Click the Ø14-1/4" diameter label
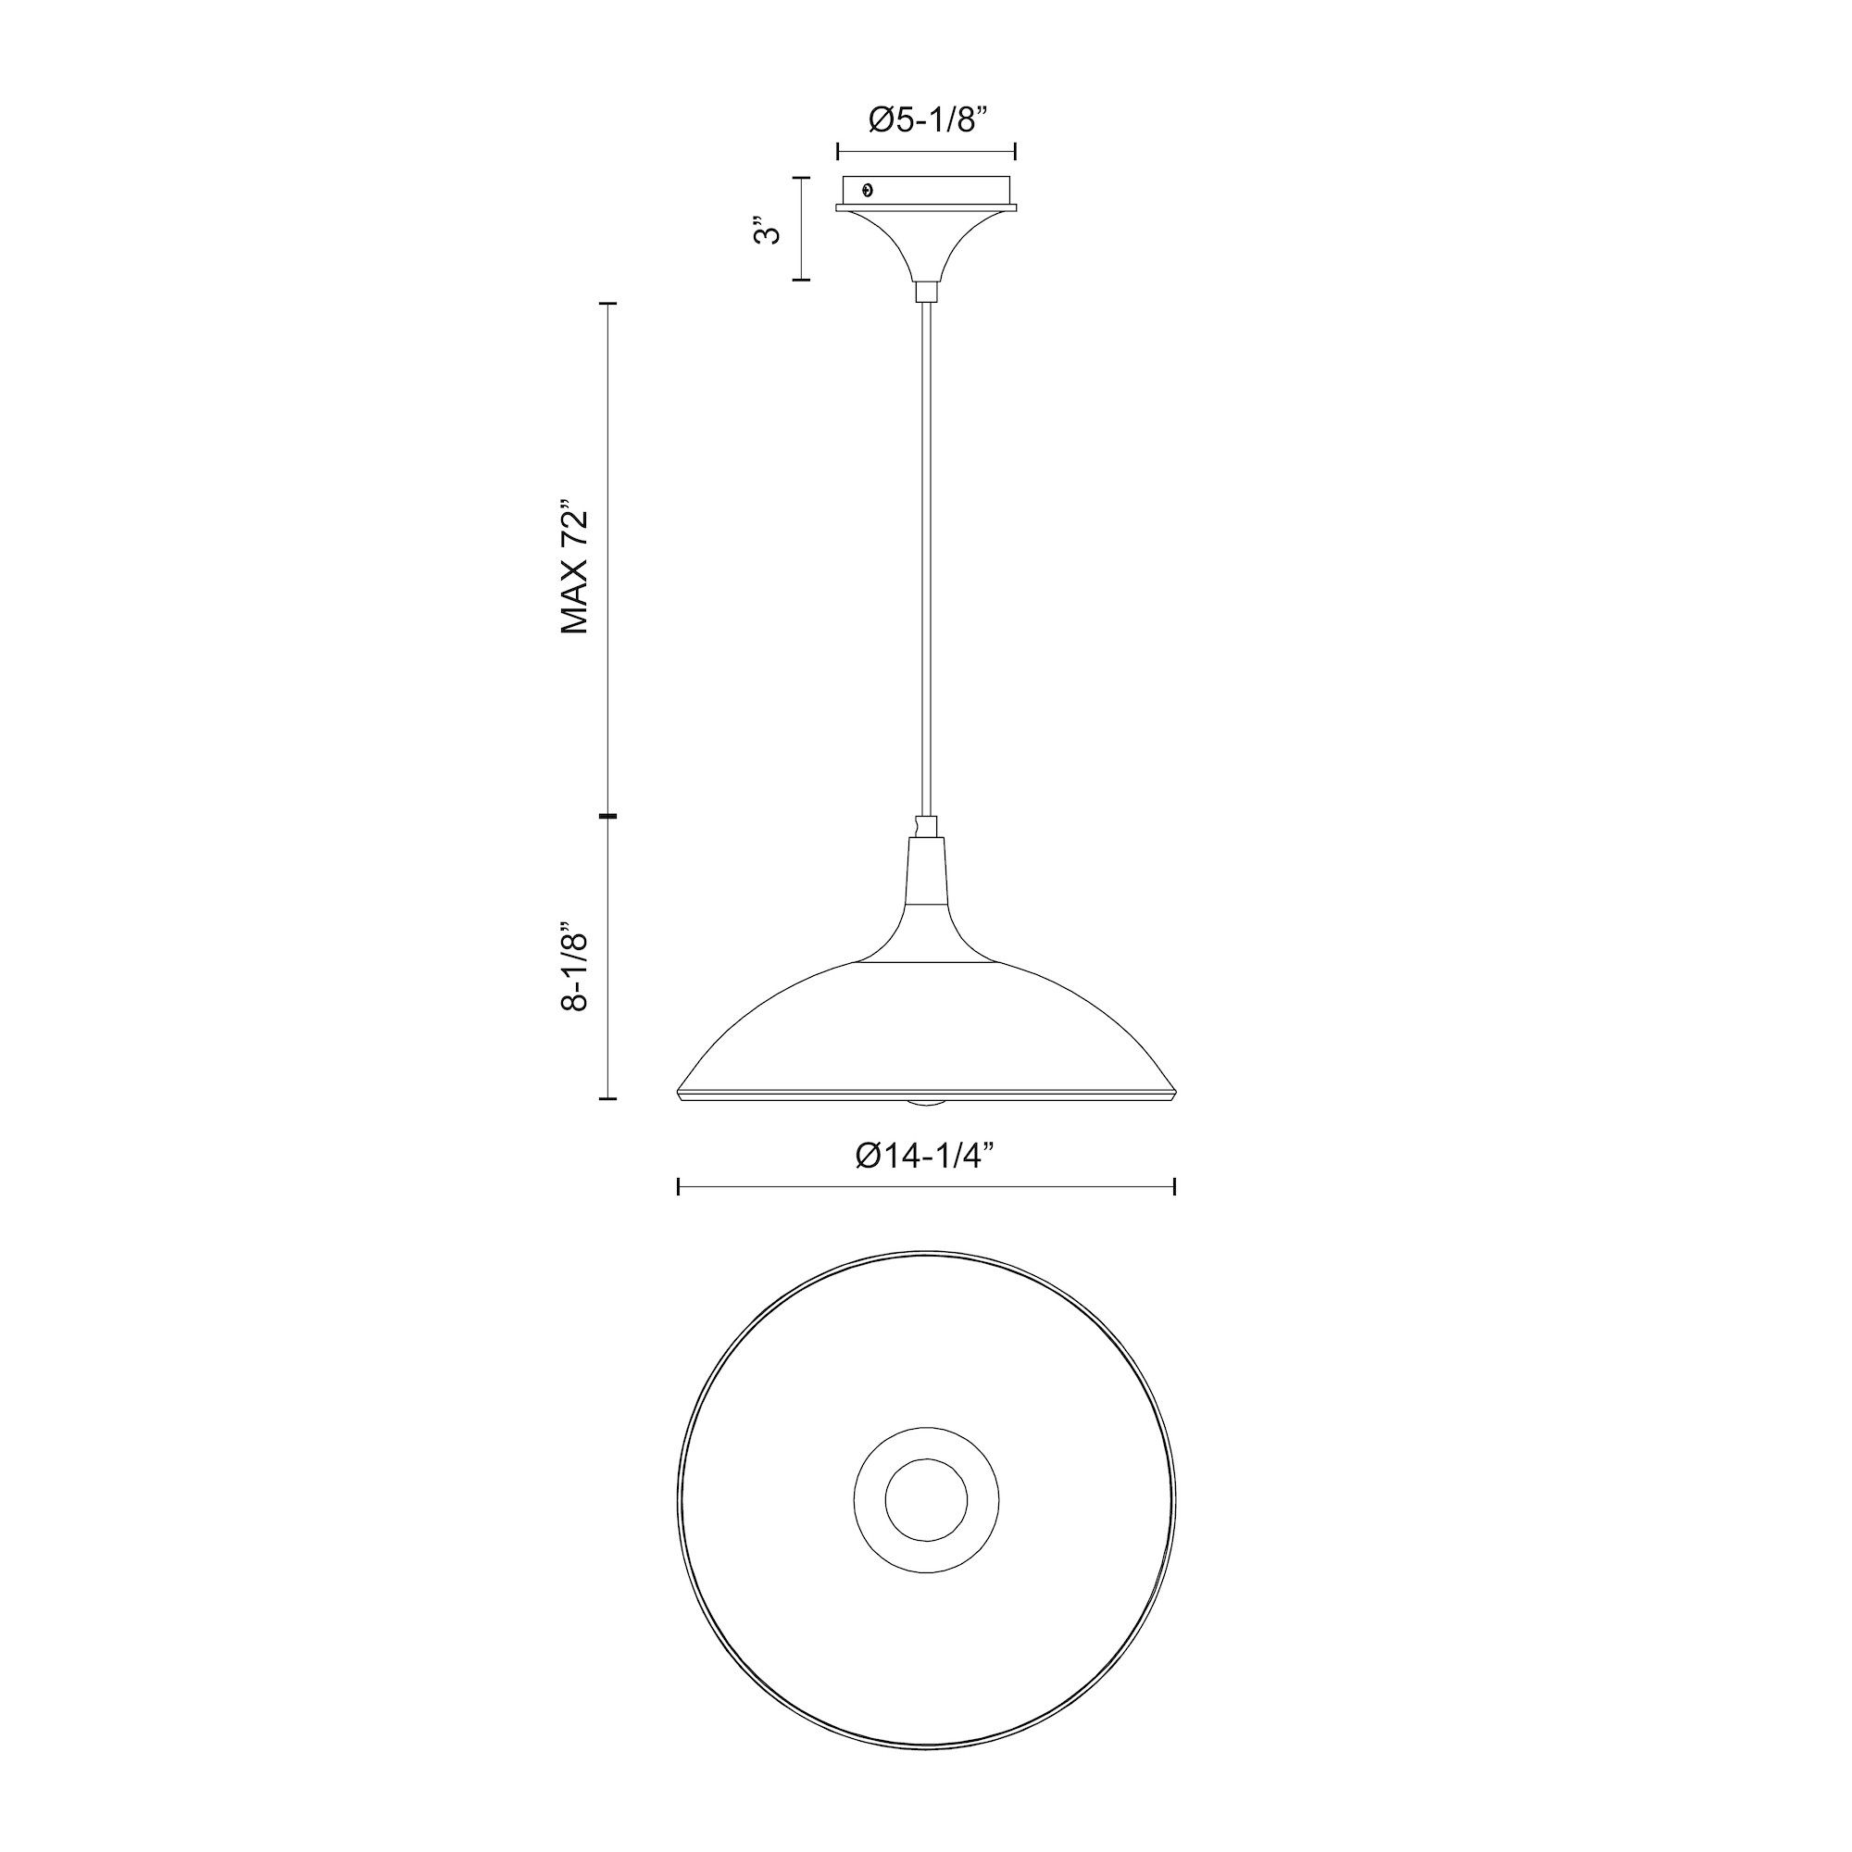(926, 1157)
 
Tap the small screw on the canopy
(868, 190)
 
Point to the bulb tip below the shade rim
(926, 1104)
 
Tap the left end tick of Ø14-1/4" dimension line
(679, 1188)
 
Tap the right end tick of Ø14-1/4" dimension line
(1174, 1188)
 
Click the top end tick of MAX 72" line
(607, 303)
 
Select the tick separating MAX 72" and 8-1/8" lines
(607, 816)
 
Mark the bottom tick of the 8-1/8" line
(607, 1098)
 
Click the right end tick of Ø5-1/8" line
(1015, 151)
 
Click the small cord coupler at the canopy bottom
(926, 292)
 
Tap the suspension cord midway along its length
(926, 556)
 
